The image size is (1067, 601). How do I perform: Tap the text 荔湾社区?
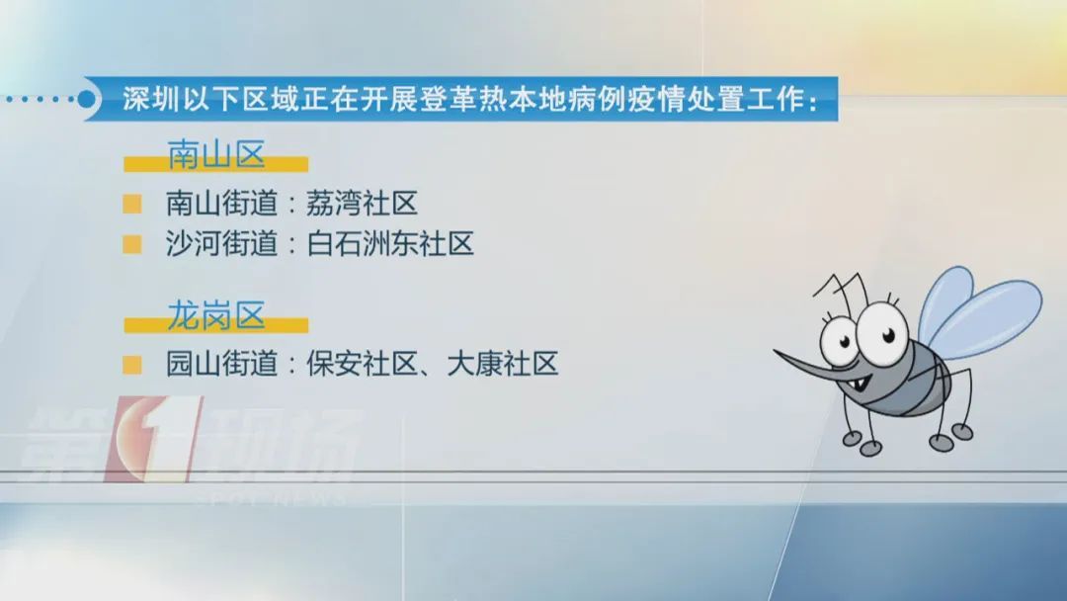(361, 205)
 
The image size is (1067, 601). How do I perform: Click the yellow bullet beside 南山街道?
(131, 205)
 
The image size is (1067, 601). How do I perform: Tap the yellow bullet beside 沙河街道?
(131, 244)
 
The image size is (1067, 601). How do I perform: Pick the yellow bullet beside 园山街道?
(131, 365)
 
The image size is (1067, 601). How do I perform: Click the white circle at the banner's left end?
(90, 100)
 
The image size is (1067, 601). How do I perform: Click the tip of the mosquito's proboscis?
(777, 352)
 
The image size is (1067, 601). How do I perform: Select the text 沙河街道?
(222, 244)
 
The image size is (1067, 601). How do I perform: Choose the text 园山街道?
(222, 365)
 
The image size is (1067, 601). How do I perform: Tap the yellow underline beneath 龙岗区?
(217, 325)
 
